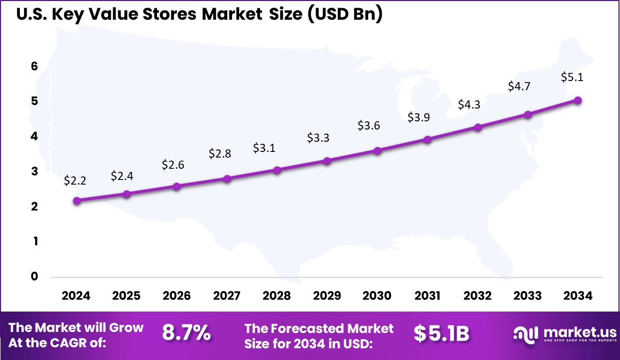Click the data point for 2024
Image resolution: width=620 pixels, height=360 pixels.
click(76, 201)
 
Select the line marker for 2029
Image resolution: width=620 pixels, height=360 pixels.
click(327, 161)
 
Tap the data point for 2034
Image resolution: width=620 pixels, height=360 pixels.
click(578, 100)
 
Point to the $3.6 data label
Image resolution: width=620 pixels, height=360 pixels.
click(369, 125)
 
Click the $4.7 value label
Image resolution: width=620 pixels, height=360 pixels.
click(519, 87)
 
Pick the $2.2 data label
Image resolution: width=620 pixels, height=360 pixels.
click(75, 180)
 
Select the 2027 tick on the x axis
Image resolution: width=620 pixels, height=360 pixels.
click(227, 296)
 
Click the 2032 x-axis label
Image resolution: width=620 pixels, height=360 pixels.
click(478, 296)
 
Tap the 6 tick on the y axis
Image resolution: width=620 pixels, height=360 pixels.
click(35, 66)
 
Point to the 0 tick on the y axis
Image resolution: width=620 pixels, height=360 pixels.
click(35, 276)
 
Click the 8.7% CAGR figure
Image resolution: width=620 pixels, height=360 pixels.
click(186, 333)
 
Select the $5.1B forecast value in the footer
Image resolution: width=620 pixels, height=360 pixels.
click(441, 333)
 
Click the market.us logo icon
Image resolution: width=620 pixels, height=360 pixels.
click(526, 333)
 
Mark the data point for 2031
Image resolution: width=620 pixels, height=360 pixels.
click(428, 139)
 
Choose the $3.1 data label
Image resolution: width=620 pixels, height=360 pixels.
click(265, 148)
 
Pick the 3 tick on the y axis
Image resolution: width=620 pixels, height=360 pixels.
click(35, 171)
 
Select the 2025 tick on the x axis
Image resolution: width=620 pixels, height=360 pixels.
click(126, 296)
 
